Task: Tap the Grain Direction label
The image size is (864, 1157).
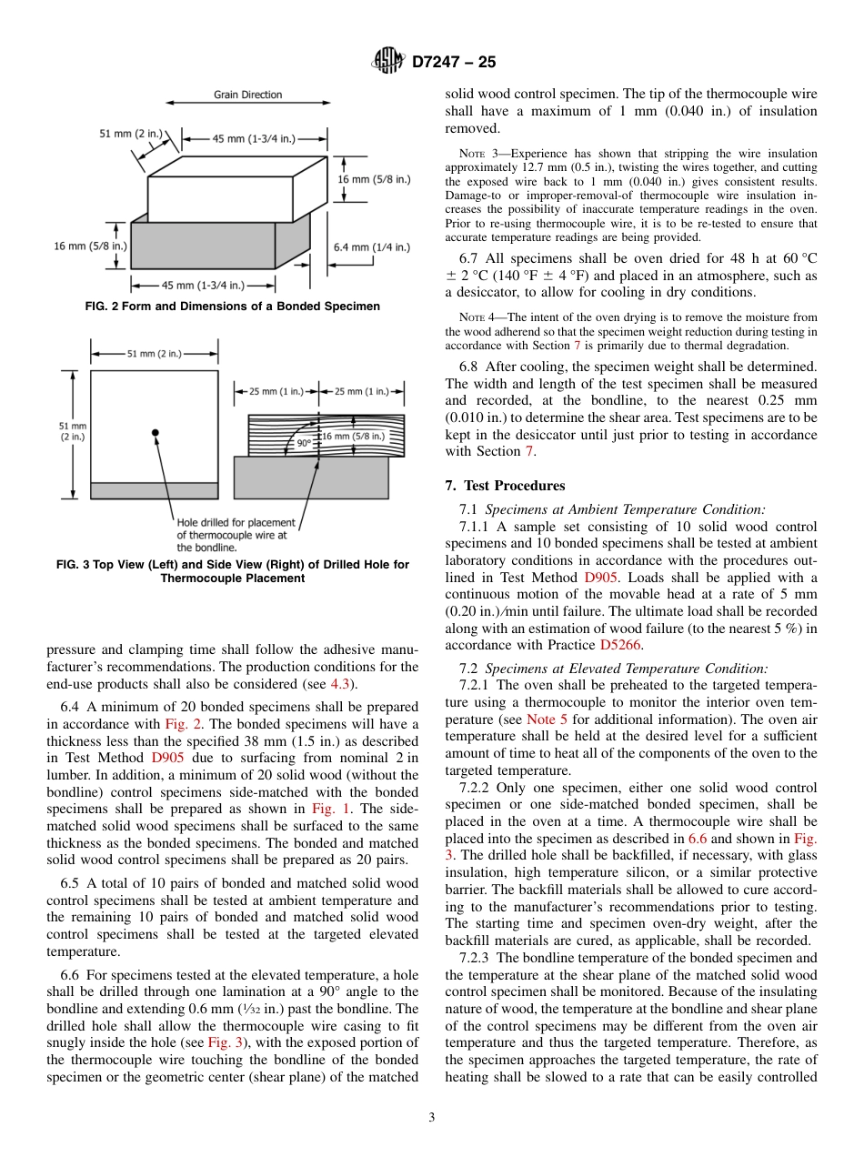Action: (x=247, y=95)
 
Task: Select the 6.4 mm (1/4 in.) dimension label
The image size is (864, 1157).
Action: (x=372, y=246)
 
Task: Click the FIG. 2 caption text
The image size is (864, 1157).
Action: (x=232, y=307)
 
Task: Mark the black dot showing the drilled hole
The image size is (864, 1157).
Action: (x=156, y=431)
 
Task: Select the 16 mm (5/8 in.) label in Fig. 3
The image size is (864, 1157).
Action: (x=353, y=437)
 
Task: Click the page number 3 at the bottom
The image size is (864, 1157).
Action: (x=431, y=1118)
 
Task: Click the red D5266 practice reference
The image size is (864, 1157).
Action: (x=620, y=645)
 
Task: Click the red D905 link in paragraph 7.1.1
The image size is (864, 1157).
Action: (x=602, y=578)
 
